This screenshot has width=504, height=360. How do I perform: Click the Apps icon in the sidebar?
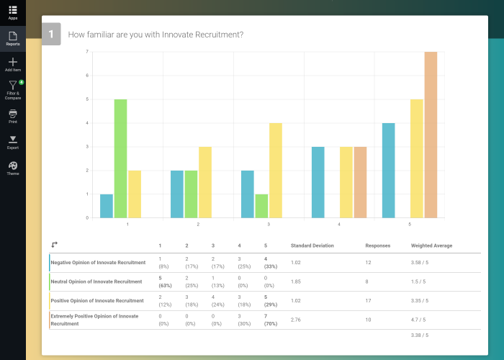click(13, 10)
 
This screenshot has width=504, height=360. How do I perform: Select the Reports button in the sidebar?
click(13, 36)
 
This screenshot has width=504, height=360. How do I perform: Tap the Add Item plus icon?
click(13, 62)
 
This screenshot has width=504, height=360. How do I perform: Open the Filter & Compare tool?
click(13, 86)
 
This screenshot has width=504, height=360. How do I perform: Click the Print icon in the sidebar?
click(13, 114)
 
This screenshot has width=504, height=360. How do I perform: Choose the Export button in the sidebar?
click(13, 140)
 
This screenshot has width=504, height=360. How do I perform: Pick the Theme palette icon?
click(13, 166)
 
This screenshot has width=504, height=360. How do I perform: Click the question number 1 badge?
click(51, 34)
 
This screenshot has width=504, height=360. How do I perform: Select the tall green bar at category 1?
click(120, 158)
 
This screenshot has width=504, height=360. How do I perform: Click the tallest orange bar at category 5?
click(431, 135)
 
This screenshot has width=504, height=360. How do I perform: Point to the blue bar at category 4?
click(318, 182)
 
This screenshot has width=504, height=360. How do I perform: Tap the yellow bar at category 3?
click(276, 171)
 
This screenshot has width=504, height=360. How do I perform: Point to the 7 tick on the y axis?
click(87, 52)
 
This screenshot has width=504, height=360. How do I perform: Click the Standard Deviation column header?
click(312, 246)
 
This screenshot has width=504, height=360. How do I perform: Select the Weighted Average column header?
click(431, 246)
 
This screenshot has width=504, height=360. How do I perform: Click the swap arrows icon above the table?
click(55, 245)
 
